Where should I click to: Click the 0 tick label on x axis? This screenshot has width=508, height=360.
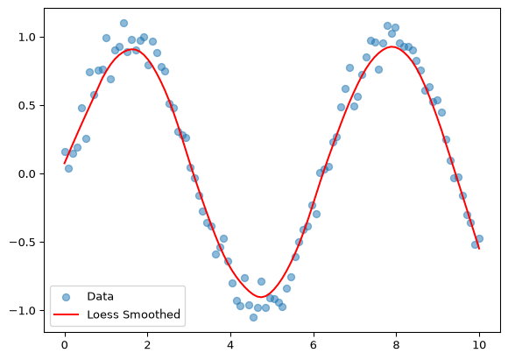(65, 345)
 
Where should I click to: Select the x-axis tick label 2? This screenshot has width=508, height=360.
(147, 345)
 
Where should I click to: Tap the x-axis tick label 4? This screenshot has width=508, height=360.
(230, 345)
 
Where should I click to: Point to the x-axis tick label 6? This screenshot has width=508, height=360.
(314, 345)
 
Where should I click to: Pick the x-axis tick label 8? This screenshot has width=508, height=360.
(396, 345)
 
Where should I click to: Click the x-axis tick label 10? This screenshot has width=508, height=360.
(479, 345)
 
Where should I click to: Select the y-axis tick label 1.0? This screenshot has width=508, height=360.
(26, 38)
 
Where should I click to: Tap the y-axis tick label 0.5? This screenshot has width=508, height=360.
(26, 106)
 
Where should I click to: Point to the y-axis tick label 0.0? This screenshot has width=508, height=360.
(26, 174)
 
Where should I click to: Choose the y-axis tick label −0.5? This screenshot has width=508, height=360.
(23, 243)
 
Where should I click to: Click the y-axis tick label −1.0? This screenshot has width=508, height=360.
(23, 311)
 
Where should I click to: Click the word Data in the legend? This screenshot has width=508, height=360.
(100, 296)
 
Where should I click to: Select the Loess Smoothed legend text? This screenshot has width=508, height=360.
(133, 314)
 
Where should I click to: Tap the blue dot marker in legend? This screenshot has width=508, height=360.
(66, 297)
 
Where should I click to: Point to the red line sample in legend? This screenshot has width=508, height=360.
(66, 314)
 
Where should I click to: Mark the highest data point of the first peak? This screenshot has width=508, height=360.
(123, 23)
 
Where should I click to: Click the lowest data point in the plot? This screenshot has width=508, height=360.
(253, 318)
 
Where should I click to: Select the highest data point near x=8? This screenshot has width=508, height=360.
(387, 26)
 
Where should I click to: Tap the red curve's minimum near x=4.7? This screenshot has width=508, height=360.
(261, 297)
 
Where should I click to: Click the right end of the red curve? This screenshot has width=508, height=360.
(479, 249)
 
